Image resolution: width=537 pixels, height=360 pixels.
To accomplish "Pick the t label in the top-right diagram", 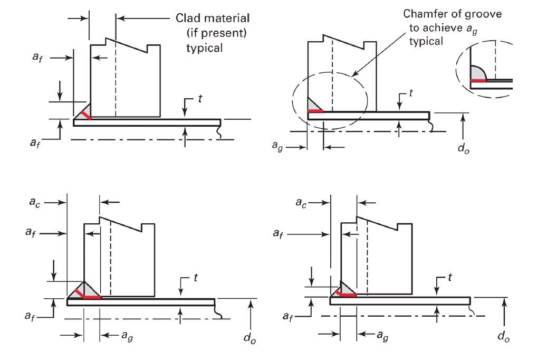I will click(410, 93).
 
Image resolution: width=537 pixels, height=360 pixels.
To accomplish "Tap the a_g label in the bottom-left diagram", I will click(126, 336).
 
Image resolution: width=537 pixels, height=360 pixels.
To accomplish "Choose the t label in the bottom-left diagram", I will click(195, 279).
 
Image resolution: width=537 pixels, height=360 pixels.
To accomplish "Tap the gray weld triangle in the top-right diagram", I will click(314, 105).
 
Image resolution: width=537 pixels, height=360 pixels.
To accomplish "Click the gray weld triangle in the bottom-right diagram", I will click(347, 288).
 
